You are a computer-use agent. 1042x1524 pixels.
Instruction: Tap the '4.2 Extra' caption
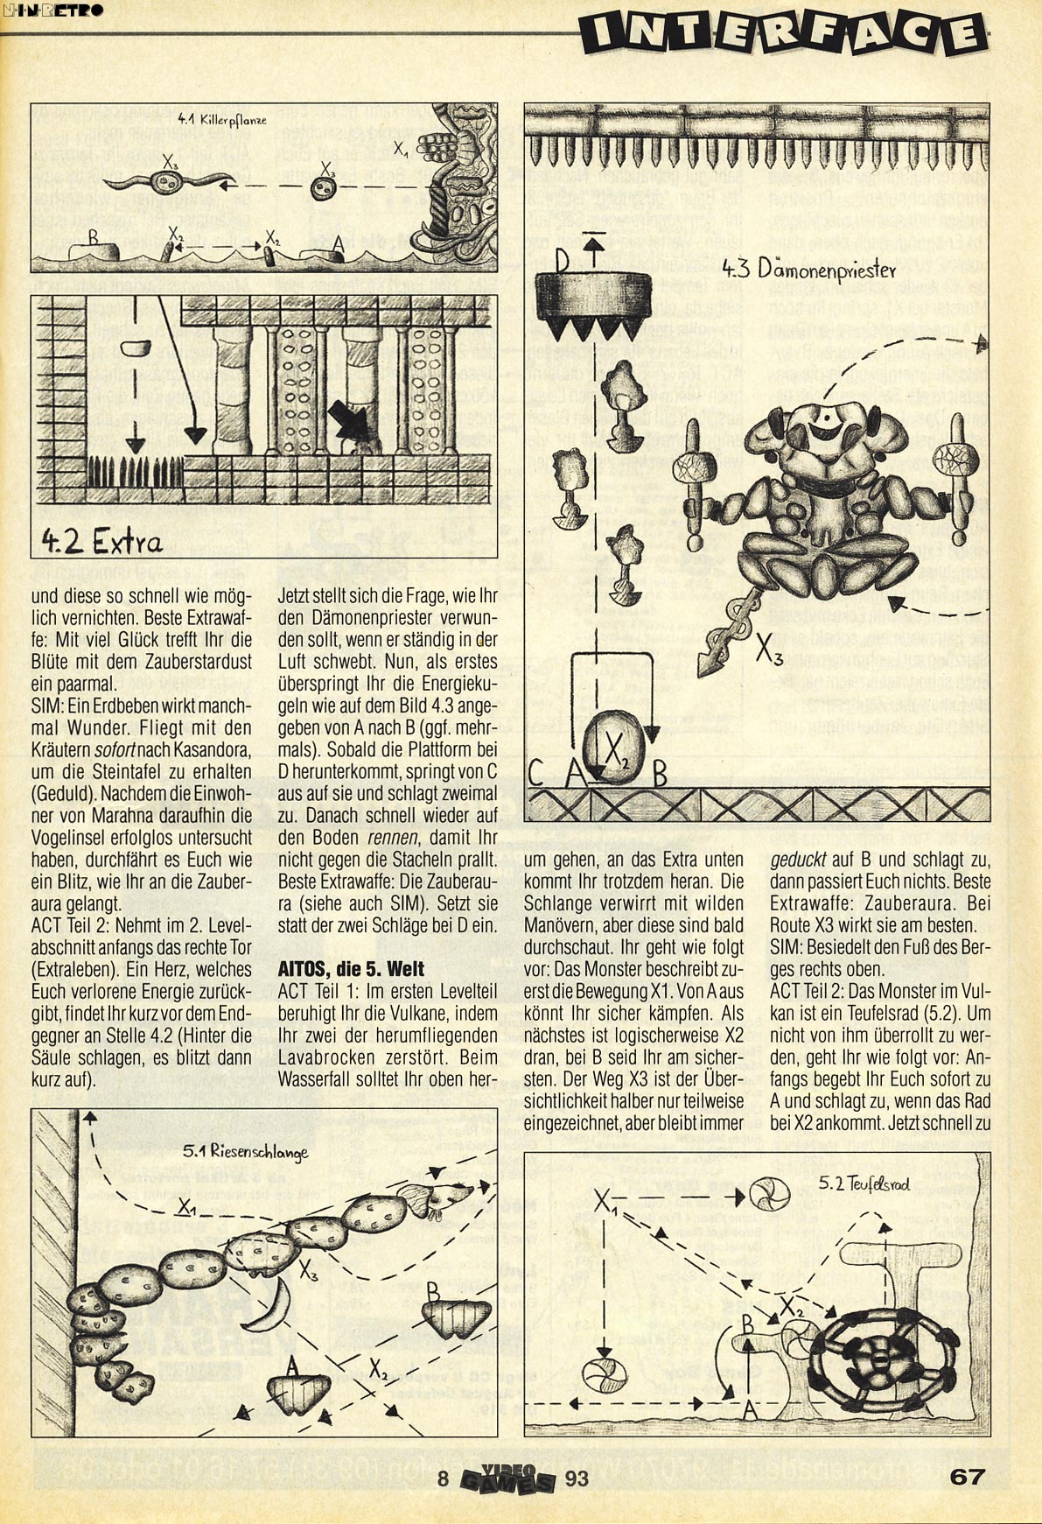(102, 542)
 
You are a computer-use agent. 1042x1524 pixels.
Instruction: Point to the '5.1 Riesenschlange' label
(246, 1152)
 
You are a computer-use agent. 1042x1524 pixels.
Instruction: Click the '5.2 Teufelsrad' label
(864, 1185)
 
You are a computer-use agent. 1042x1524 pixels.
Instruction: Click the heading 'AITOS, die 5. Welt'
(351, 969)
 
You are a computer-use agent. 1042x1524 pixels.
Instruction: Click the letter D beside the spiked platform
(561, 263)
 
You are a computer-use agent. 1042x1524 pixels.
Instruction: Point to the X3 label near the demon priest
(769, 650)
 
